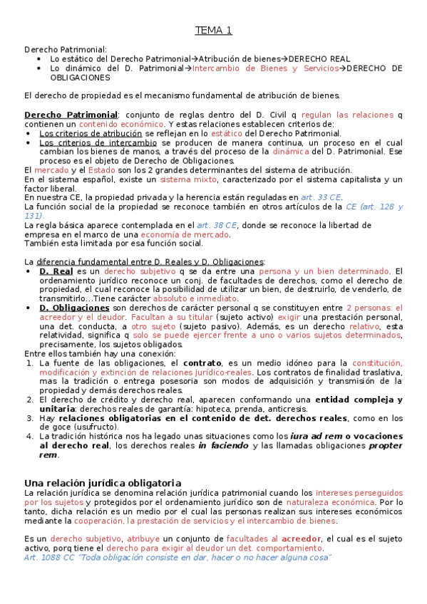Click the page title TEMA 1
pyautogui.click(x=214, y=31)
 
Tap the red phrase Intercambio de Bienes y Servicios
pyautogui.click(x=264, y=68)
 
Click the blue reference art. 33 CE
pyautogui.click(x=321, y=197)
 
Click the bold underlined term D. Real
pyautogui.click(x=56, y=271)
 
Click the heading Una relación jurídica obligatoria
pyautogui.click(x=103, y=483)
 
